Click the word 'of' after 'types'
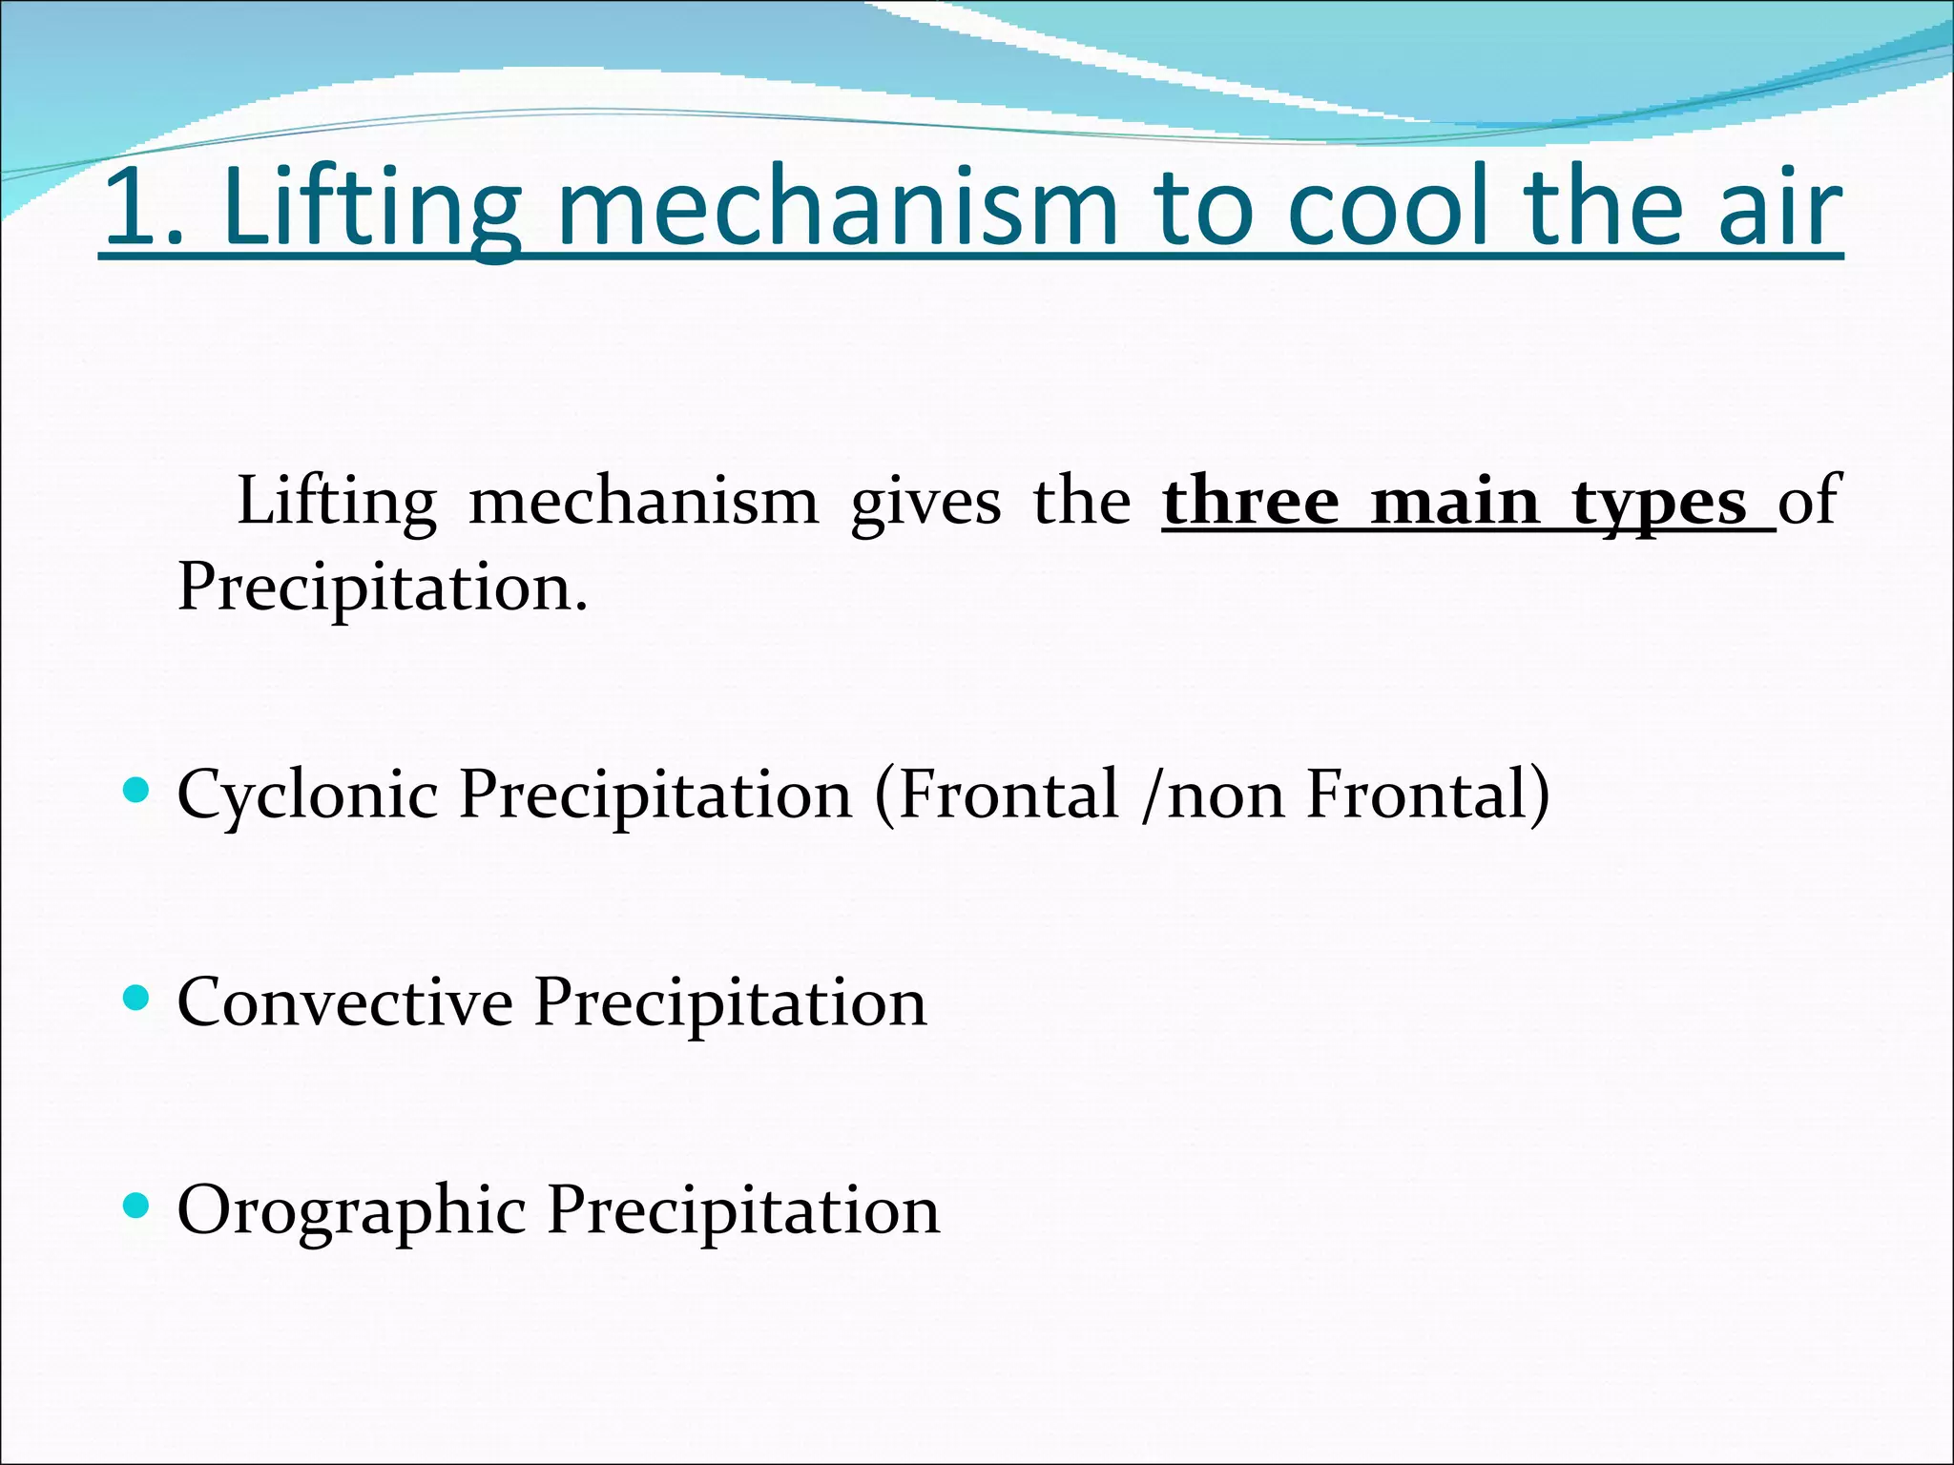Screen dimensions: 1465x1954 (x=1808, y=501)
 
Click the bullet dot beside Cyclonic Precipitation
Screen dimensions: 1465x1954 (x=137, y=790)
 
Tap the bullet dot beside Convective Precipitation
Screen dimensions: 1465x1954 (x=137, y=999)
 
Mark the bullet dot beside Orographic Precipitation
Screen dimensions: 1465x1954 (x=137, y=1207)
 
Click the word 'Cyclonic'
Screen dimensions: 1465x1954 (x=307, y=795)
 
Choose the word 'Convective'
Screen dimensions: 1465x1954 (x=345, y=1002)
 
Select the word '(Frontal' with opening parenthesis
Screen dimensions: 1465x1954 (x=996, y=795)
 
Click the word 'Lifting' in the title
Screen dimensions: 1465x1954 (x=372, y=208)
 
